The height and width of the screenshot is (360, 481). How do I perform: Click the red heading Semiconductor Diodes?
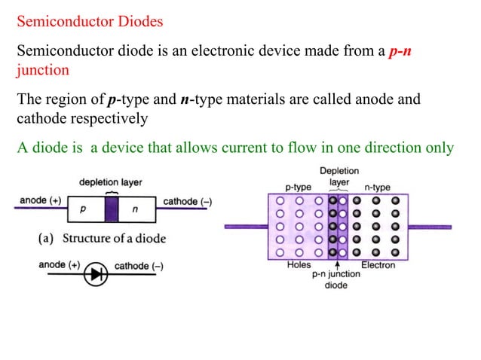coord(90,21)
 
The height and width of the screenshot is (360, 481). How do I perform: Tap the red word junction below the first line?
coord(43,70)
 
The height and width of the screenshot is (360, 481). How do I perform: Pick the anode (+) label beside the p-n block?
coord(39,201)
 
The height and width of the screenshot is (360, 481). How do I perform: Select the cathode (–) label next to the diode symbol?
coord(139,266)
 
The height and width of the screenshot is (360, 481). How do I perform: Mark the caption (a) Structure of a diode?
coord(102,239)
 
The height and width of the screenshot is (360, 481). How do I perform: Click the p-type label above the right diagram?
coord(298,186)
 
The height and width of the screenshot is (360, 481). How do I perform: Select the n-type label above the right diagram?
coord(376,186)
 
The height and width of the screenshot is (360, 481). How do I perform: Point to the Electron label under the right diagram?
coord(378,265)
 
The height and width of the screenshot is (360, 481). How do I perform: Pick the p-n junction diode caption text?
coord(336,279)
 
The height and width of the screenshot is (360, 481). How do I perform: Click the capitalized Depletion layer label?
coord(339,176)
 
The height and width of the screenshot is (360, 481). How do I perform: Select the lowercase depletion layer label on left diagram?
coord(111,182)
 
